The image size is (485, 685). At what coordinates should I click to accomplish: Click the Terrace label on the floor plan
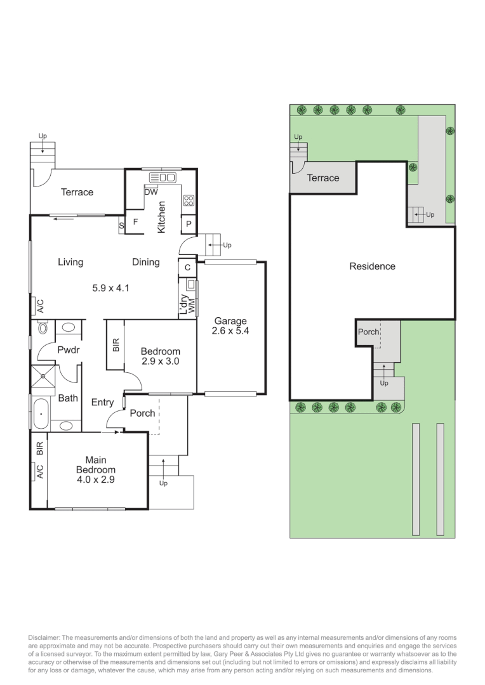(x=77, y=192)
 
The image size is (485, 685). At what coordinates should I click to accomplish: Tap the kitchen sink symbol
(x=163, y=178)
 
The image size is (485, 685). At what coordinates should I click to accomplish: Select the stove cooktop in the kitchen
(x=189, y=201)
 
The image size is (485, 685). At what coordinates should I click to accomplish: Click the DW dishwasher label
(x=151, y=192)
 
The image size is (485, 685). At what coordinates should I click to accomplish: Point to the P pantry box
(x=189, y=224)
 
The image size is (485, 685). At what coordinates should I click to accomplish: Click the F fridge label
(x=135, y=223)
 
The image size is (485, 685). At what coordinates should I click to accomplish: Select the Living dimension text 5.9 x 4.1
(x=111, y=288)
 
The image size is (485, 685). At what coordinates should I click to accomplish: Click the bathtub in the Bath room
(x=39, y=413)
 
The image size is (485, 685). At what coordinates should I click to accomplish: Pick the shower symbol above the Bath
(x=43, y=375)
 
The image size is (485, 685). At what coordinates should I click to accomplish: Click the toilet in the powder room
(x=43, y=329)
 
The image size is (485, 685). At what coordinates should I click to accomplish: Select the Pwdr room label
(x=67, y=349)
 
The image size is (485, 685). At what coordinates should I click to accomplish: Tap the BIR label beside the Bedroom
(x=116, y=345)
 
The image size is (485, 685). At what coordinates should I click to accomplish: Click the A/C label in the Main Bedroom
(x=39, y=471)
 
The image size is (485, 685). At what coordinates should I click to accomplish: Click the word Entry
(x=102, y=402)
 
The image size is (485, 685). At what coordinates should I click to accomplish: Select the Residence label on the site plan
(x=372, y=266)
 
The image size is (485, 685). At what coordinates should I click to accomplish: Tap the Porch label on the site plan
(x=368, y=332)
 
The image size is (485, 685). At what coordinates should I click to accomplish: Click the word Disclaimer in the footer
(x=46, y=637)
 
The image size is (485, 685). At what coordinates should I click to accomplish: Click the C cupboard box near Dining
(x=187, y=268)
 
